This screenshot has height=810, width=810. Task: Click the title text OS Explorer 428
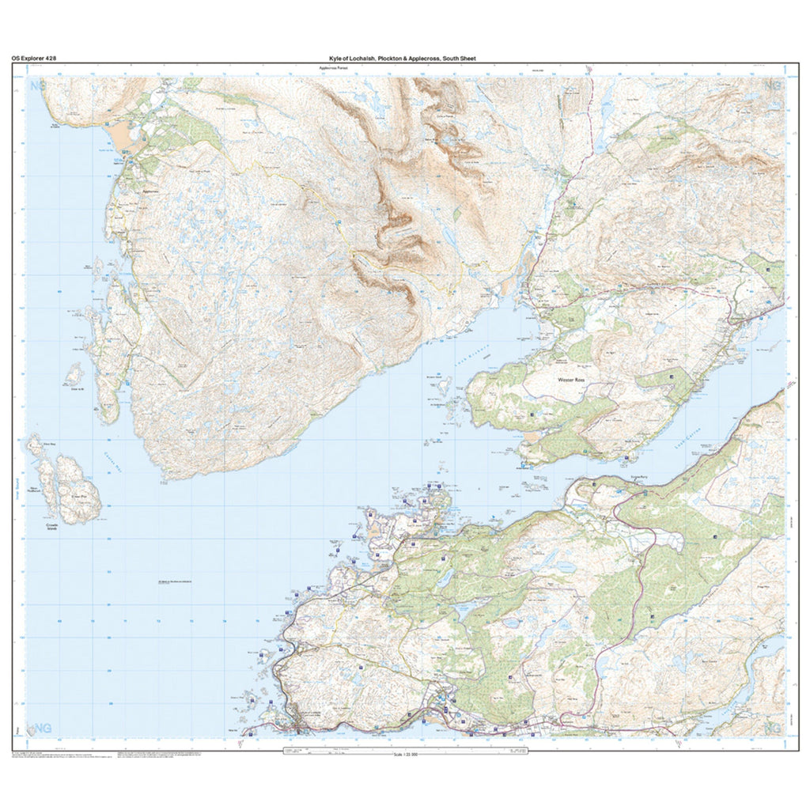pyautogui.click(x=33, y=58)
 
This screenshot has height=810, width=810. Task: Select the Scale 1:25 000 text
pyautogui.click(x=404, y=754)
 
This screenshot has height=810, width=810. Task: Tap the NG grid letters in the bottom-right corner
pyautogui.click(x=773, y=727)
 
